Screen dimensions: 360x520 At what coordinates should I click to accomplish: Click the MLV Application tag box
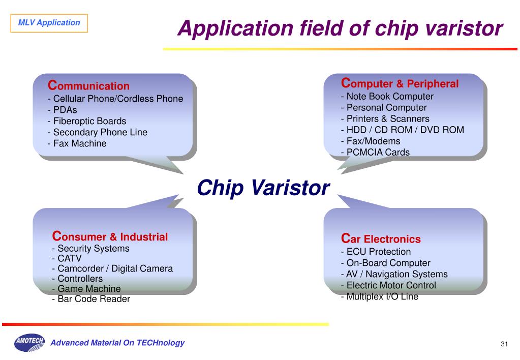49,23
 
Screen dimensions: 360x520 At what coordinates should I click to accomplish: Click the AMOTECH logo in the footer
29,343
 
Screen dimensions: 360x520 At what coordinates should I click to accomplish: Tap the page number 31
504,344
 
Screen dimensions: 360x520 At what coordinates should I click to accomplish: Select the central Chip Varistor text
263,188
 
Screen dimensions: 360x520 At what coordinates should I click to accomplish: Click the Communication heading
89,85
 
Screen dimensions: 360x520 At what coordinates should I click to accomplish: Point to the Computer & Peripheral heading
400,83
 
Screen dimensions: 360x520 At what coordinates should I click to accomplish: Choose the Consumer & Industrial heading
110,236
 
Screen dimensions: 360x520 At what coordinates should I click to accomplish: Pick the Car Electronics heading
381,238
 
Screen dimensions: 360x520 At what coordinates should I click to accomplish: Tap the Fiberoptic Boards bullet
87,121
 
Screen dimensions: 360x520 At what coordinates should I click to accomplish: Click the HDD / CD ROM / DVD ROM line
402,130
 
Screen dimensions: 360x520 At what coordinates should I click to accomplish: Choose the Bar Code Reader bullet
91,299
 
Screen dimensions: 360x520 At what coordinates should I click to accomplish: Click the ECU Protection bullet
376,252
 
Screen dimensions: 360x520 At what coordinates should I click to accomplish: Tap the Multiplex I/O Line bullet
380,296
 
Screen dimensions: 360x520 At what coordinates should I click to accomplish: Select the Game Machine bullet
86,289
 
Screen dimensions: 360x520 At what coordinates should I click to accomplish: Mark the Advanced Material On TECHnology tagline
117,343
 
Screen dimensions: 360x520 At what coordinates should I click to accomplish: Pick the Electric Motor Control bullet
388,285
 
